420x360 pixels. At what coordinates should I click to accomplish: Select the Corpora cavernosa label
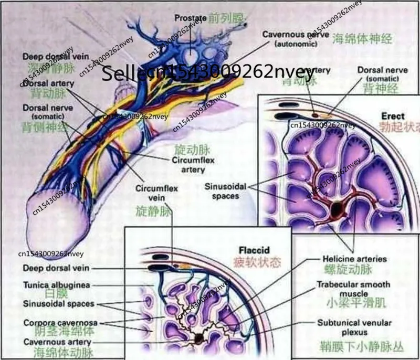click(56, 322)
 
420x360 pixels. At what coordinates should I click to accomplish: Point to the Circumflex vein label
click(153, 193)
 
